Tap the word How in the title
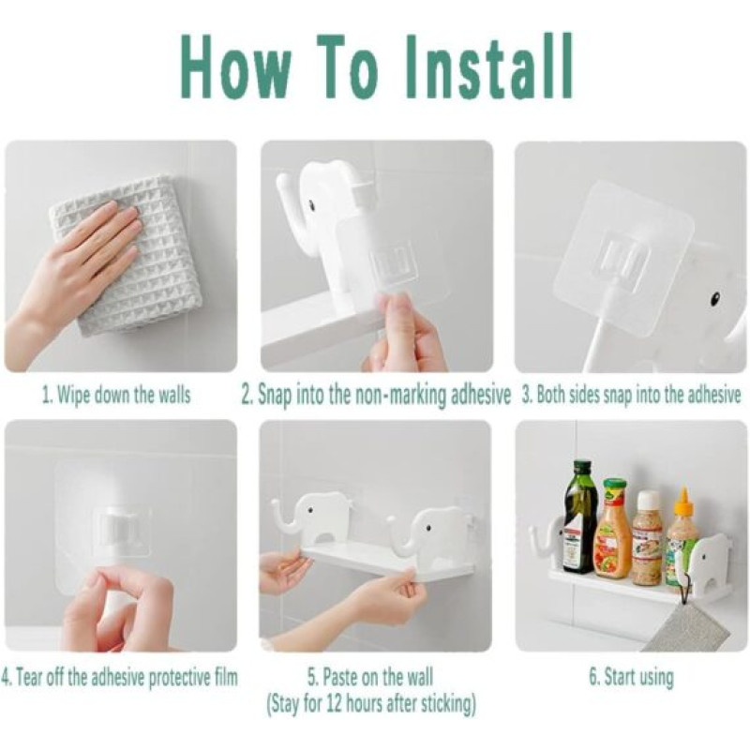pyautogui.click(x=236, y=67)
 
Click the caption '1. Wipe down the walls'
pyautogui.click(x=116, y=396)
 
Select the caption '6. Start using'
pyautogui.click(x=631, y=677)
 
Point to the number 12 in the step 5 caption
pyautogui.click(x=337, y=704)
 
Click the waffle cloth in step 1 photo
pyautogui.click(x=127, y=254)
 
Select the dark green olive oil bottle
pyautogui.click(x=580, y=517)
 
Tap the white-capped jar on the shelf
pyautogui.click(x=647, y=538)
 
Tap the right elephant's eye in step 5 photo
pyautogui.click(x=428, y=528)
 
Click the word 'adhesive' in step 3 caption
pyautogui.click(x=713, y=396)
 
